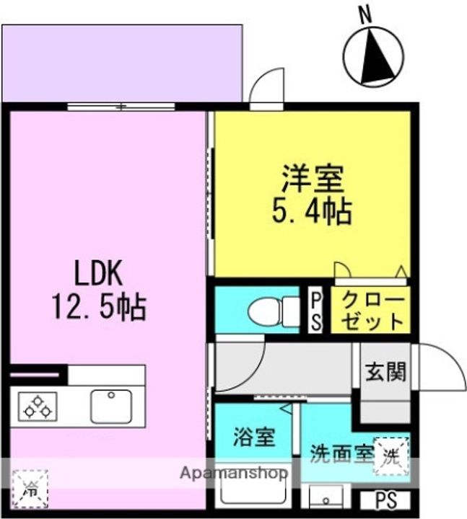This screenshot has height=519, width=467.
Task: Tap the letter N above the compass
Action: coord(365,14)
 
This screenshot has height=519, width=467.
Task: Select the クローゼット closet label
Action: coord(370,310)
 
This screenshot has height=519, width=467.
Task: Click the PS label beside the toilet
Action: coord(315,311)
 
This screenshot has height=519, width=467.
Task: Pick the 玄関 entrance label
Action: coord(385,372)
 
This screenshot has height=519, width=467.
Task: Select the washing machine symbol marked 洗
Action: coord(390,455)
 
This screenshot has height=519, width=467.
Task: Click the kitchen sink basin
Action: coord(111,407)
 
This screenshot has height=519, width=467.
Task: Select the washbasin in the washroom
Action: coord(328,497)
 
